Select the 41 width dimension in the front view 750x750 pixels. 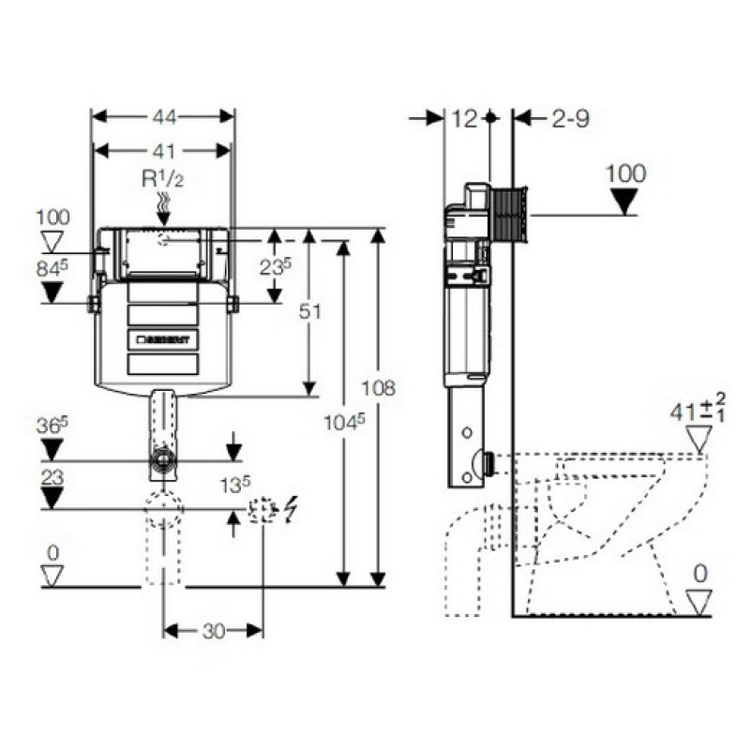point(163,150)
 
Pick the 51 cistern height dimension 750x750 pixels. point(308,311)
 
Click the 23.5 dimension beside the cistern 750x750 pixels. point(275,265)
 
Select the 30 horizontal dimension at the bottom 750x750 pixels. point(214,631)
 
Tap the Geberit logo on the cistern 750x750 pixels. point(163,337)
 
